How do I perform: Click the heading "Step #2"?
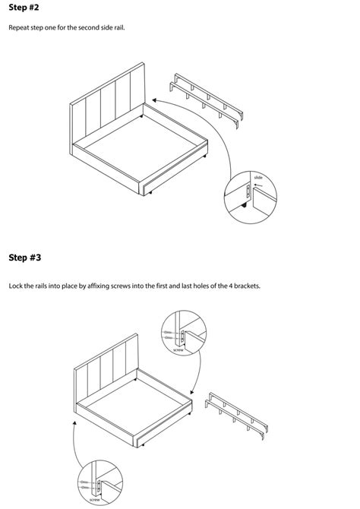coord(24,8)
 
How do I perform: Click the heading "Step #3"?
coord(24,258)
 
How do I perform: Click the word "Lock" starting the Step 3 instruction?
coord(15,286)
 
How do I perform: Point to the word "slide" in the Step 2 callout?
coord(258,177)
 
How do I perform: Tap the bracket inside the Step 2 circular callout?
coord(248,194)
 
